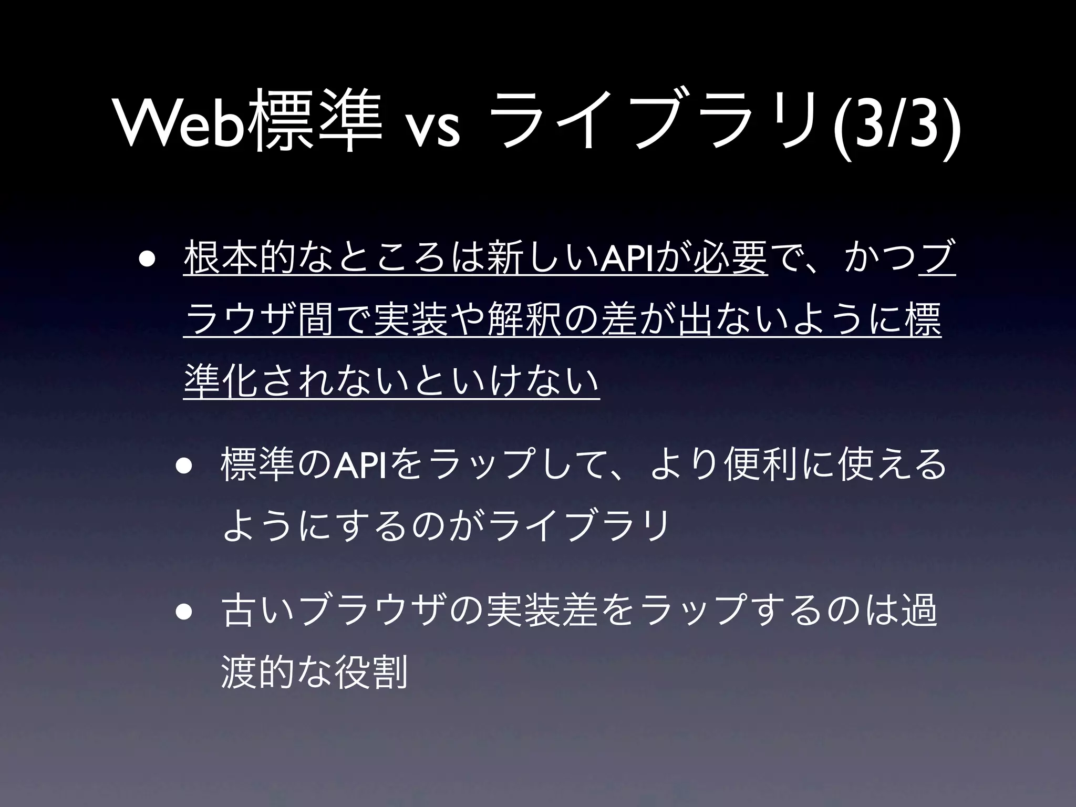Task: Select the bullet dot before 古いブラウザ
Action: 184,613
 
